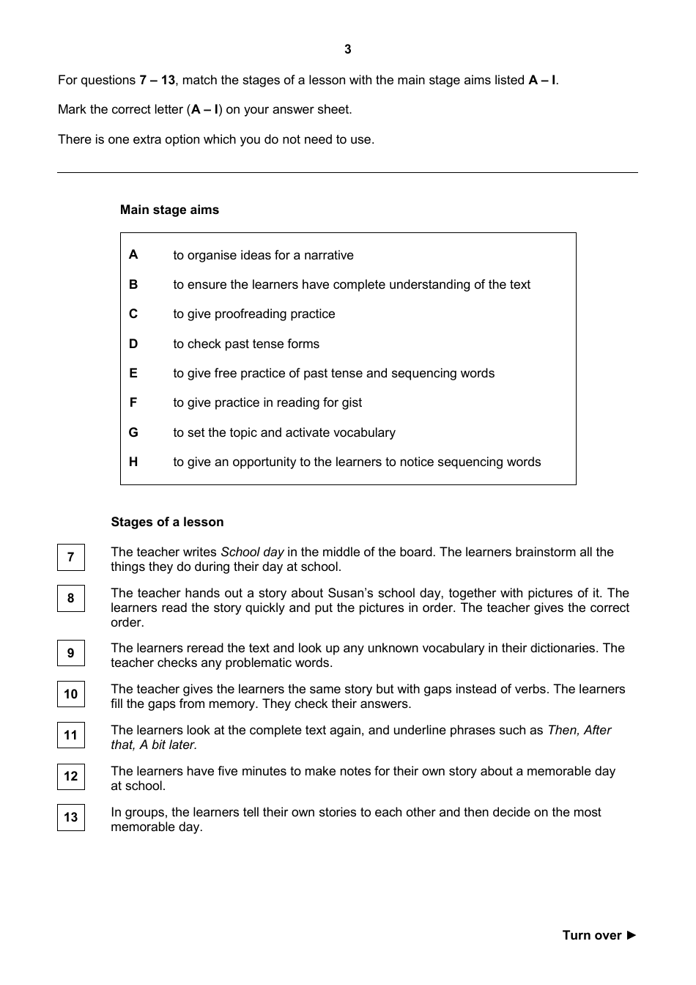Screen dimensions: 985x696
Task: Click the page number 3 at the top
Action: [x=347, y=49]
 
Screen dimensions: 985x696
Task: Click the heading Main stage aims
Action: [x=169, y=210]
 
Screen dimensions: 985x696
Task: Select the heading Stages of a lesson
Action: [x=167, y=522]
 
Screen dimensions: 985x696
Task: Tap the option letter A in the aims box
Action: [x=133, y=254]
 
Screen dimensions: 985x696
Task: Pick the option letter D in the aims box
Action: [x=133, y=344]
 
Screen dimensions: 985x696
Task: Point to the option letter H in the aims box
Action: [x=133, y=462]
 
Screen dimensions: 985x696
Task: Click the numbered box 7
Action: [x=71, y=557]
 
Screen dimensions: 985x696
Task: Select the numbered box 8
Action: [x=71, y=598]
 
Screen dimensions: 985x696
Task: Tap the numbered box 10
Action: [x=71, y=694]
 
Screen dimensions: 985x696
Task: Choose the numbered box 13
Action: [x=71, y=817]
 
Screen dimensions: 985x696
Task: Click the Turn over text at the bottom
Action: [x=591, y=935]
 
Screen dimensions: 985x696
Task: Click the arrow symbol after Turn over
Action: [x=632, y=935]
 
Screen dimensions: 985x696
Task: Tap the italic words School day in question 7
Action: [x=252, y=552]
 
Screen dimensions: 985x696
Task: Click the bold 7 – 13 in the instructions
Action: [x=157, y=80]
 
